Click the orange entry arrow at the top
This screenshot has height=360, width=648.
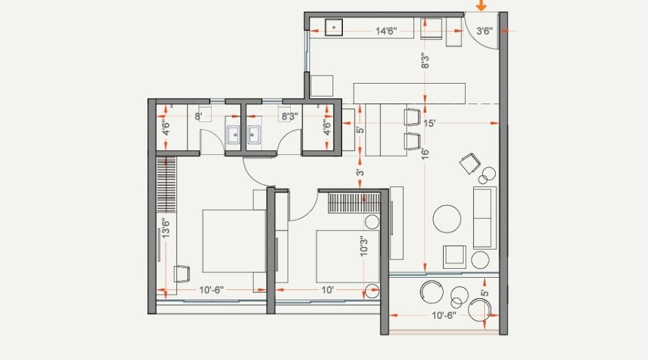[x=481, y=5]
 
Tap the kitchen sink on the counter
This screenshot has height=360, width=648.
[x=334, y=28]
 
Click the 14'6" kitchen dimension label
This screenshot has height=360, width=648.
[x=389, y=31]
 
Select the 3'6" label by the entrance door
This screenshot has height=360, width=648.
[x=484, y=31]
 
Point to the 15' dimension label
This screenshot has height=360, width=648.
[x=430, y=124]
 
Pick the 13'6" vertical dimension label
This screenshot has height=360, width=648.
[x=166, y=226]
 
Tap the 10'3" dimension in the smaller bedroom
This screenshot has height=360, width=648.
[x=364, y=246]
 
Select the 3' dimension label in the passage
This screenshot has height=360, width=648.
[x=359, y=174]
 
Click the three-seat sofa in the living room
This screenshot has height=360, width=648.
[x=483, y=217]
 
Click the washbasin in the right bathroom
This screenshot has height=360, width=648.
[x=254, y=134]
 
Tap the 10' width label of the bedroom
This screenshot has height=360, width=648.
[x=328, y=290]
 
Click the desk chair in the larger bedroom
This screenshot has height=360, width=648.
[x=182, y=274]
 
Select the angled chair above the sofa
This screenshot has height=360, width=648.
[x=470, y=163]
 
